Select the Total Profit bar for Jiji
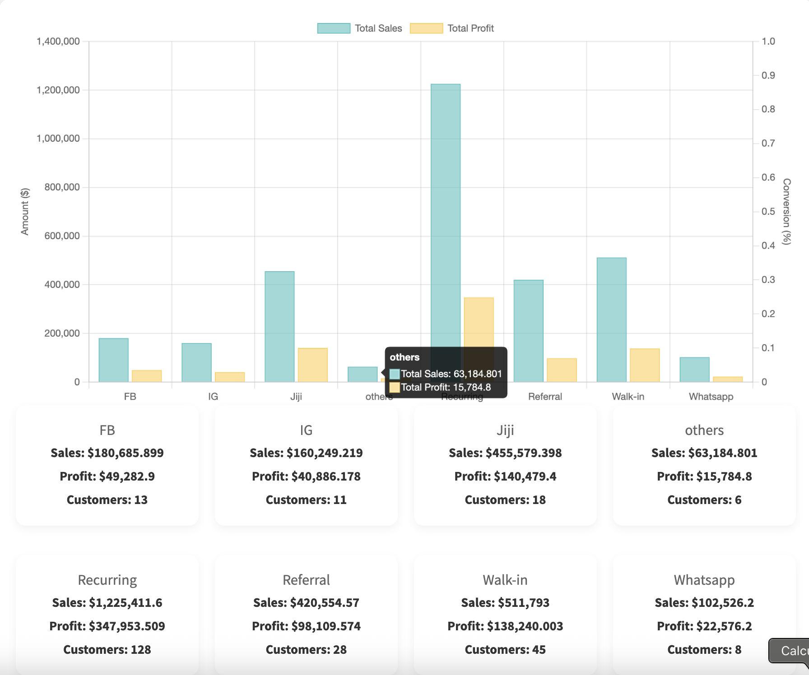312,365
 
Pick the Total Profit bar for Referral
562,370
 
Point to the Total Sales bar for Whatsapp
694,370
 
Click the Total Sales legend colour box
334,28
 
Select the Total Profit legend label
470,28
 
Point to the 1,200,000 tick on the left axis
58,90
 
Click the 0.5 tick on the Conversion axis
768,212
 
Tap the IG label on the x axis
213,397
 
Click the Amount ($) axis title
25,211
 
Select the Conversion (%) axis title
786,211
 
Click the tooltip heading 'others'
404,357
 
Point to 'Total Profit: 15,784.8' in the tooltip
446,387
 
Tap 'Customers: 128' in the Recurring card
107,650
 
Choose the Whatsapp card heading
704,580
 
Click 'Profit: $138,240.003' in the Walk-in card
505,626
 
